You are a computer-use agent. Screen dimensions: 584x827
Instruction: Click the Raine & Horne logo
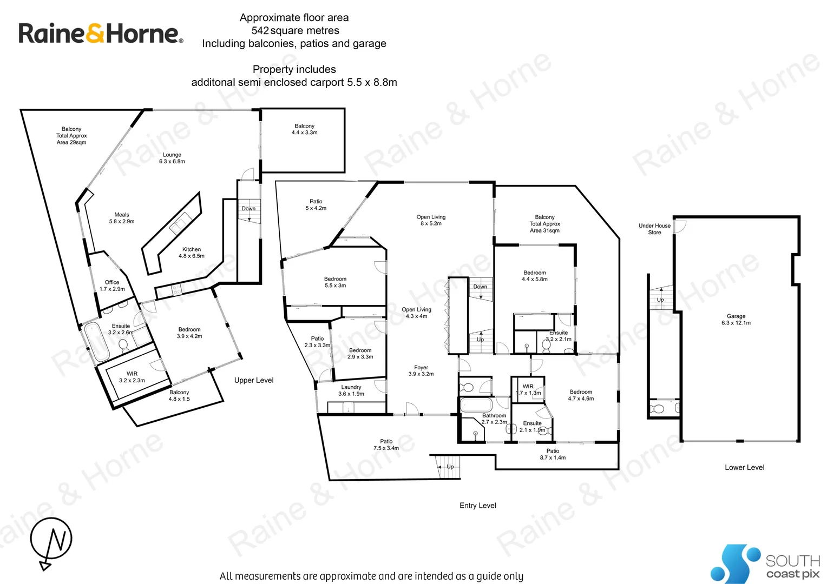(x=101, y=34)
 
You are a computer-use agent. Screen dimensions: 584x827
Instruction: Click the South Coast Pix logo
(x=765, y=564)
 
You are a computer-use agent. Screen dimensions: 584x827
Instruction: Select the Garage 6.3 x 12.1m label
(x=736, y=320)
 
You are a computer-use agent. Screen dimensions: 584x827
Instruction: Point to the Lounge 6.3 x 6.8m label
(x=172, y=158)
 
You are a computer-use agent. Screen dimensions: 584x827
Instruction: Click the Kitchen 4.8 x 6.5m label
(x=192, y=253)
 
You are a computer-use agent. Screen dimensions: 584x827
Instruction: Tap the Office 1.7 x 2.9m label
(x=112, y=286)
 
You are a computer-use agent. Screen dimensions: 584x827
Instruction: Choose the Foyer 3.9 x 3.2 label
(x=421, y=370)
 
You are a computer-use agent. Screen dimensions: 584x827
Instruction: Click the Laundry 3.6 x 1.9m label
(x=351, y=390)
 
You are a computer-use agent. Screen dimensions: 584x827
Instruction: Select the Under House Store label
(x=654, y=229)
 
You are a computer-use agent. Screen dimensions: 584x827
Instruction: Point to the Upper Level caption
(x=254, y=380)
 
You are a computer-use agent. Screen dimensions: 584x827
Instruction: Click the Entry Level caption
(x=478, y=506)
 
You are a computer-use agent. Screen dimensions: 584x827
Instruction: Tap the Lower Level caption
(x=744, y=467)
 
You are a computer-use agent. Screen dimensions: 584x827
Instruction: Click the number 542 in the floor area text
(x=260, y=31)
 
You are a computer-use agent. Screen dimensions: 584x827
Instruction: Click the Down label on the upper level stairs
(x=248, y=208)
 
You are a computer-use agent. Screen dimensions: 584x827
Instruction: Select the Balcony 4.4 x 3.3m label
(x=305, y=129)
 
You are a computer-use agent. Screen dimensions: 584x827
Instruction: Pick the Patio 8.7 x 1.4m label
(x=553, y=454)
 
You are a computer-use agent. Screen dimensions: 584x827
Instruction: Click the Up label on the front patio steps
(x=450, y=467)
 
